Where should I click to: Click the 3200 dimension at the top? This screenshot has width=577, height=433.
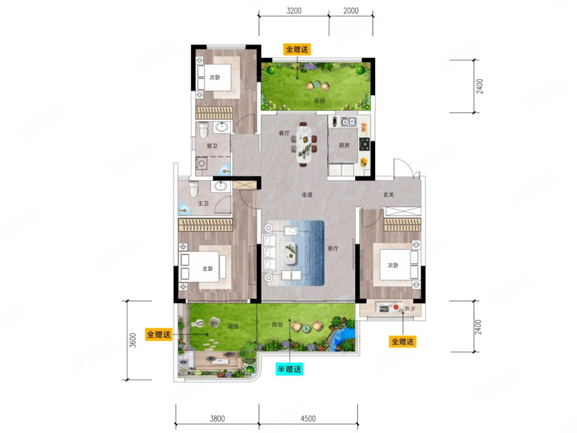(x=294, y=11)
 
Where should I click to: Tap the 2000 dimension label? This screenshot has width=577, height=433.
(x=350, y=11)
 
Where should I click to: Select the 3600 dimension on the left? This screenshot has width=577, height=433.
(x=133, y=340)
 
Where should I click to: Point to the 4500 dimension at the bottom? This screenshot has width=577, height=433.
(x=308, y=419)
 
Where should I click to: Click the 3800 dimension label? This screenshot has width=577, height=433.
(x=217, y=419)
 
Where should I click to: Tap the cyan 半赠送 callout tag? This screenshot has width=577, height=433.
(x=289, y=369)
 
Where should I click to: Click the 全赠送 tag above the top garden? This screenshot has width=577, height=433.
(x=296, y=49)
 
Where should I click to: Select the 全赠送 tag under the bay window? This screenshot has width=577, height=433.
(x=403, y=342)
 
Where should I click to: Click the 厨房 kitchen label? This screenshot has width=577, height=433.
(x=344, y=146)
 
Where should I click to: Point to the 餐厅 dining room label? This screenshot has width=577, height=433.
(x=284, y=133)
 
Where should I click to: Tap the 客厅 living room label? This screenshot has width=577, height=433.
(x=333, y=248)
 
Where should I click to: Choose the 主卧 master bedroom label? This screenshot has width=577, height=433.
(x=207, y=269)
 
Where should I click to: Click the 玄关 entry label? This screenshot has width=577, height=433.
(x=389, y=194)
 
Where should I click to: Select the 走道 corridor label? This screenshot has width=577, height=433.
(x=307, y=194)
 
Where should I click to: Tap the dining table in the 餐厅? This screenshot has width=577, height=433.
(x=304, y=144)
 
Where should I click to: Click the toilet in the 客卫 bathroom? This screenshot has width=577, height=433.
(x=204, y=129)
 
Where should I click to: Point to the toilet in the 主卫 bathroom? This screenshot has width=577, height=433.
(x=193, y=188)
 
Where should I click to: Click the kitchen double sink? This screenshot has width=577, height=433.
(x=348, y=121)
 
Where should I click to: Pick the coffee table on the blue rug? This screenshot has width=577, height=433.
(x=291, y=253)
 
